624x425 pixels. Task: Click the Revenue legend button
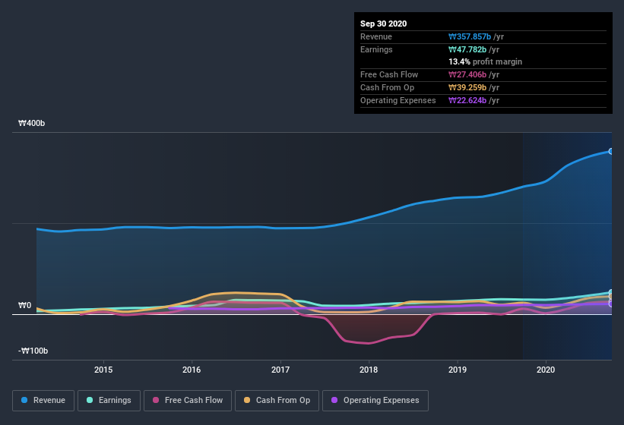[x=43, y=400]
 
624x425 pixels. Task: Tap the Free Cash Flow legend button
[x=188, y=400]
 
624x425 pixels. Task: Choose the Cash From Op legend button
[x=277, y=400]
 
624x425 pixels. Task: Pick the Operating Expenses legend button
[x=375, y=400]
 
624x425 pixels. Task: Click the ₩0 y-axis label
[x=24, y=305]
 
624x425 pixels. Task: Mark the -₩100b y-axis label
[x=33, y=351]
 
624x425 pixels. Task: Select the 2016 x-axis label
[x=192, y=370]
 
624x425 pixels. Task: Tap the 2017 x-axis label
[x=280, y=370]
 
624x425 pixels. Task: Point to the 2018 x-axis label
[x=369, y=370]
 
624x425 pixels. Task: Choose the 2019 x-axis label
[x=458, y=370]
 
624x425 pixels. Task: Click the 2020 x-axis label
[x=546, y=370]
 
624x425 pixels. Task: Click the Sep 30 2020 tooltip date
[x=384, y=24]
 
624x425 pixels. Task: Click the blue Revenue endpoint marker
[x=611, y=151]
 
